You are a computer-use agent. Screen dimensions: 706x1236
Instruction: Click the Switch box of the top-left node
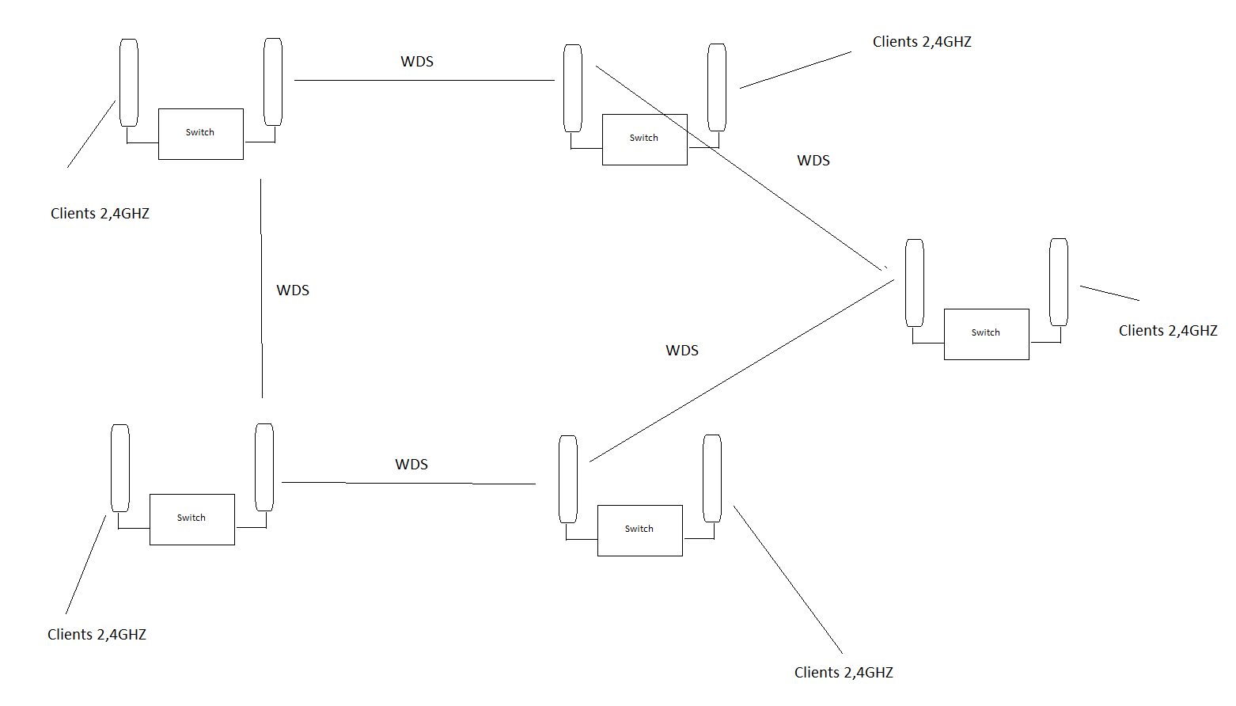pos(201,134)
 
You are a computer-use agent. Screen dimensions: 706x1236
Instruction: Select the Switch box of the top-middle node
pos(645,139)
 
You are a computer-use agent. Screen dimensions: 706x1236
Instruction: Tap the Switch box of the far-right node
pos(987,334)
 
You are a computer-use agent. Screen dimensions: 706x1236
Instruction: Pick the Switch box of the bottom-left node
pos(192,519)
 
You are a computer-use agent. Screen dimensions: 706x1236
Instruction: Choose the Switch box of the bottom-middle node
pos(640,530)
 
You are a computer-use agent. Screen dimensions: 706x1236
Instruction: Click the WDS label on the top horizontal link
pos(417,62)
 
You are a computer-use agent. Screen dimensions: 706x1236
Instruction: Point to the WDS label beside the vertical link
pos(293,290)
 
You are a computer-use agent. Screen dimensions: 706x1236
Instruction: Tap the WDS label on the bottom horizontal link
pos(411,465)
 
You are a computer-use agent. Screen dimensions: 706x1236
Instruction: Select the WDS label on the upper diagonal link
pos(813,161)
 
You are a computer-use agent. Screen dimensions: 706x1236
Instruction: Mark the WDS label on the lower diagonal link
pos(682,351)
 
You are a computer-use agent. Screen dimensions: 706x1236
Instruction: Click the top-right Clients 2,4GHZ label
pos(922,42)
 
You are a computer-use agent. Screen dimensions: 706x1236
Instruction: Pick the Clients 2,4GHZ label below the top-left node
pos(100,214)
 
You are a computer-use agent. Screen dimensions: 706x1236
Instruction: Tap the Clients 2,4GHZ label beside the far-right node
pos(1168,331)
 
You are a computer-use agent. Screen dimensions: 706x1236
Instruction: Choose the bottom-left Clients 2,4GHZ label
pos(97,635)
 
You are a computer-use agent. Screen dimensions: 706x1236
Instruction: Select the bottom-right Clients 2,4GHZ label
pos(844,673)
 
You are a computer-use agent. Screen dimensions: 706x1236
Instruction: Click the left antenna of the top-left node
pos(129,82)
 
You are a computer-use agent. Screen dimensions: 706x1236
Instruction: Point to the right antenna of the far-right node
pos(1059,282)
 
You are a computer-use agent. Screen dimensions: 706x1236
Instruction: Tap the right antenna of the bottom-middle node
pos(712,478)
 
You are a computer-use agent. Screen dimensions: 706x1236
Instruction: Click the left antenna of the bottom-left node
pos(120,468)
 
